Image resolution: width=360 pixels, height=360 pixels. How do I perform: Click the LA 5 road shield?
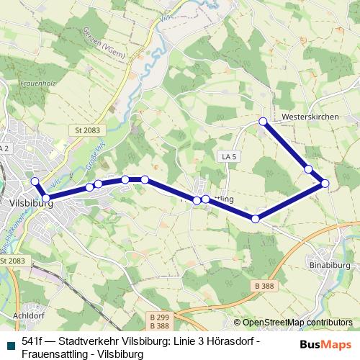[228, 156]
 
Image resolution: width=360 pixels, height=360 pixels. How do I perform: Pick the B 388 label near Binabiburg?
[264, 286]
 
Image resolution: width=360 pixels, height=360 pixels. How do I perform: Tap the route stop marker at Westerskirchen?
[264, 121]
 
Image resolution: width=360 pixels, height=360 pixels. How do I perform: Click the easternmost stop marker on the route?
[325, 184]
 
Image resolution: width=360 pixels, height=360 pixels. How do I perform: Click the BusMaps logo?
[320, 345]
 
